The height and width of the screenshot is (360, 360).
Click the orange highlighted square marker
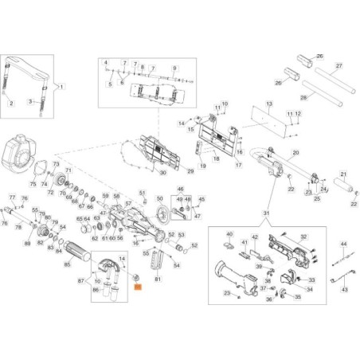click(136, 284)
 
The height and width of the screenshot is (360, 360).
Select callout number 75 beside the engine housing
click(33, 184)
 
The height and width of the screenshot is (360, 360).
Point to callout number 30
click(163, 173)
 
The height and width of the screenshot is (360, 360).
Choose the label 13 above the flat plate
click(269, 104)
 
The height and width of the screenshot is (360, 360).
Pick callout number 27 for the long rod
click(338, 65)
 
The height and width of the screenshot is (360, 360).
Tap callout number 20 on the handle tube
click(295, 152)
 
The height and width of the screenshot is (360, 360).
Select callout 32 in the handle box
click(303, 237)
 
